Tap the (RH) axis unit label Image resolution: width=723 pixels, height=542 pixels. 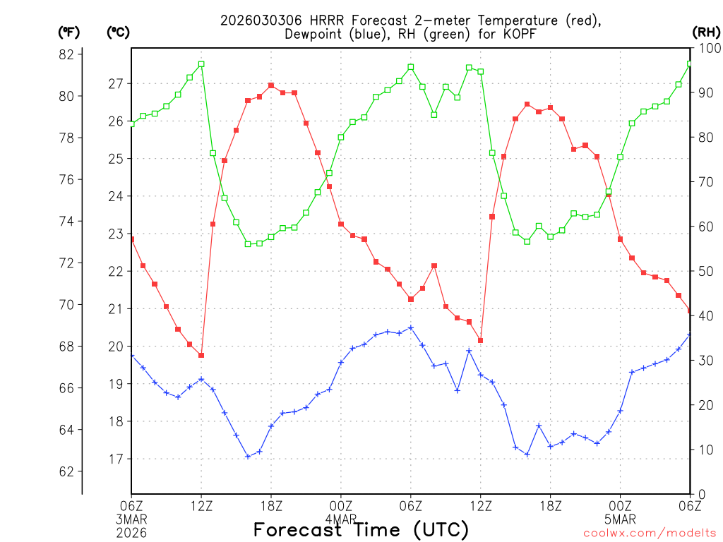706,32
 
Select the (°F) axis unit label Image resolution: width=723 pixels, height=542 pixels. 68,32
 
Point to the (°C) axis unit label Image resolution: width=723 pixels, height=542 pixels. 118,32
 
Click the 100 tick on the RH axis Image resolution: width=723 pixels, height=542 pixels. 706,48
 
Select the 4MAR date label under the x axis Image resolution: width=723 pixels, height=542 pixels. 340,519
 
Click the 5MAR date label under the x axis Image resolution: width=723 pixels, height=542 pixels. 620,519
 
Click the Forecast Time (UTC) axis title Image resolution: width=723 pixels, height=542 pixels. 361,529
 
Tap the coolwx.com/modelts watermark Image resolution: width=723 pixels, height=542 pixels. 650,533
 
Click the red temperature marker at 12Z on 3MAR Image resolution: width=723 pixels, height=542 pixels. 201,355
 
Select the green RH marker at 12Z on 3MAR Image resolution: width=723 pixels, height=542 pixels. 201,64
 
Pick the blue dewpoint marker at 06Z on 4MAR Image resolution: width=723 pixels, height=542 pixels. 410,327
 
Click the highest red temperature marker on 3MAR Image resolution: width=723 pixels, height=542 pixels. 271,85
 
